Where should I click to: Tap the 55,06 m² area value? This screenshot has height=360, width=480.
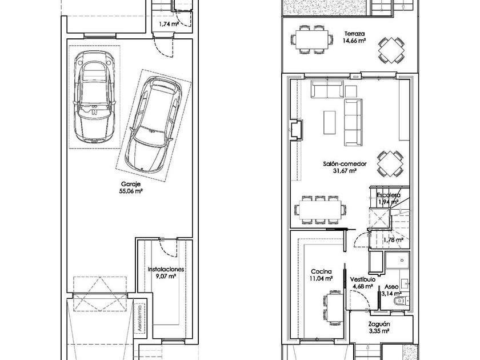tap(131, 191)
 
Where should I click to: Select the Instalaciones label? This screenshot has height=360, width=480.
tap(166, 269)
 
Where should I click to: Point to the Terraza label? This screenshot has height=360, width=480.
tap(354, 34)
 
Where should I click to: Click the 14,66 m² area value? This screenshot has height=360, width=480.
tap(354, 41)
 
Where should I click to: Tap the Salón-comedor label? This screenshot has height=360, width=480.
tap(345, 164)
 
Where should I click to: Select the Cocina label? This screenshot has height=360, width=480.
tap(321, 271)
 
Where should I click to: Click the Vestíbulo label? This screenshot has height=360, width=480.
tap(363, 279)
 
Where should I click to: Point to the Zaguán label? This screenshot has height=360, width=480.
tap(379, 324)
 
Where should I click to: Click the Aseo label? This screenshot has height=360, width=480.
tap(391, 287)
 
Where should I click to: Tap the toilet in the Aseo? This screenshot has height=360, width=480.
tap(401, 301)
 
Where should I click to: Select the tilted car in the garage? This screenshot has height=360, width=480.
tap(153, 124)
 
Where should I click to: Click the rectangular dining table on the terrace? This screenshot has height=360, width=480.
tap(311, 40)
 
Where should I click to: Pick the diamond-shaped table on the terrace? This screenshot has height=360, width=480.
tap(390, 50)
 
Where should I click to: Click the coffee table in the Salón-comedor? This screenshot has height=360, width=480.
tap(329, 122)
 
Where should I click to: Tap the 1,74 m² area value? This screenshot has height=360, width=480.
tap(169, 23)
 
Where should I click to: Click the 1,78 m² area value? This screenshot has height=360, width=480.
tap(394, 239)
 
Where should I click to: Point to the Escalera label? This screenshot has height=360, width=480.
tap(389, 195)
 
